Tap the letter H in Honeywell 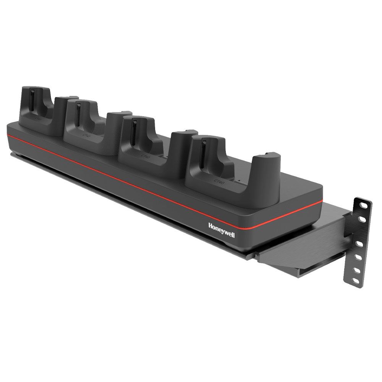(x=210, y=225)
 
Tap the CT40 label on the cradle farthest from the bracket (x=38, y=118)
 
